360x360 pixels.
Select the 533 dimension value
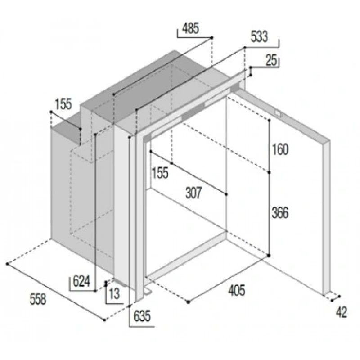(260, 37)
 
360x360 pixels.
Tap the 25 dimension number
(270, 61)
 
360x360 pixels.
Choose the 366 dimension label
(280, 212)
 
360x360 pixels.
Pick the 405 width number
(236, 291)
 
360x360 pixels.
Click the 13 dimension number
(115, 294)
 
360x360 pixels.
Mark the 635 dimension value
(141, 316)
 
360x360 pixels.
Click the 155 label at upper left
(63, 104)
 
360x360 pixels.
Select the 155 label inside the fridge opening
(160, 173)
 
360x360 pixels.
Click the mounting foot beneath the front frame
(148, 293)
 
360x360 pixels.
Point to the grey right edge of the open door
(328, 216)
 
